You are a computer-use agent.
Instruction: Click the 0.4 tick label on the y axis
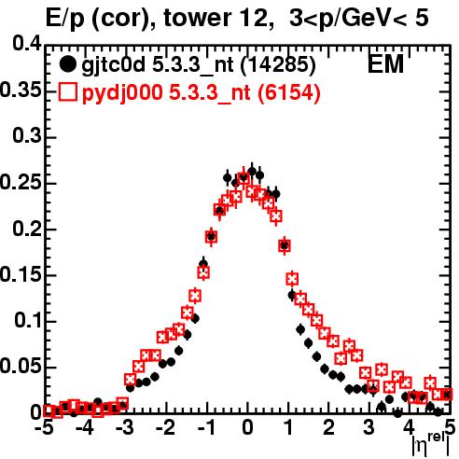click(x=27, y=44)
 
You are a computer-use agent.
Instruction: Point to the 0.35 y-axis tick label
click(x=21, y=90)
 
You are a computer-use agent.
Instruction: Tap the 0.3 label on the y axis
click(x=27, y=136)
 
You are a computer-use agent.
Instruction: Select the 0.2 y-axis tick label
click(x=27, y=229)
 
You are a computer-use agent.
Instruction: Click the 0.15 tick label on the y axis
click(x=21, y=275)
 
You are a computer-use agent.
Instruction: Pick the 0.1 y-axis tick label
click(x=28, y=321)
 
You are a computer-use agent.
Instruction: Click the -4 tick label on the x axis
click(x=84, y=427)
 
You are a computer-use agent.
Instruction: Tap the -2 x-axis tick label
click(x=166, y=427)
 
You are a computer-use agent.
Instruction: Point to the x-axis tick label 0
click(x=247, y=427)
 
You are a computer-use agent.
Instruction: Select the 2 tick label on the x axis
click(x=328, y=427)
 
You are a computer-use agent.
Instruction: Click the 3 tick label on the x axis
click(x=369, y=427)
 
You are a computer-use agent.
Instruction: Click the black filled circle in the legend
click(x=67, y=64)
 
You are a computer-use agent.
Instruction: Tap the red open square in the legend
click(x=67, y=91)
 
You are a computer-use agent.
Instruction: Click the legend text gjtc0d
click(x=114, y=66)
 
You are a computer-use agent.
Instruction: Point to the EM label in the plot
click(x=385, y=64)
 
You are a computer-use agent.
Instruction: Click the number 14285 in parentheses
click(x=278, y=65)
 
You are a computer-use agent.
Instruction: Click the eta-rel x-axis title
click(x=431, y=445)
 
